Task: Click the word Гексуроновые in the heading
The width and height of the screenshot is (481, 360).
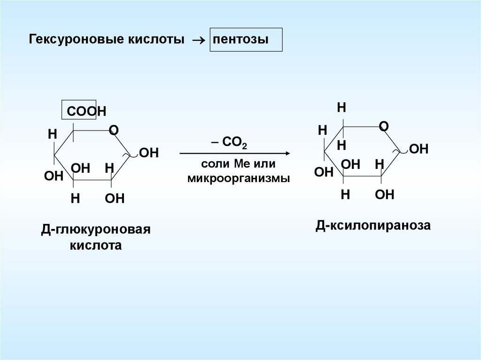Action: pos(77,39)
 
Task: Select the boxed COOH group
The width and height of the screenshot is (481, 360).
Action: pos(79,111)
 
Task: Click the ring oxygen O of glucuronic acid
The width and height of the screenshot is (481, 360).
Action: pos(113,130)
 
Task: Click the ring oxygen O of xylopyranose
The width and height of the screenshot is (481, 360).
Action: pos(383,126)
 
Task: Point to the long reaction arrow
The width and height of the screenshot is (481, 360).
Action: pos(235,153)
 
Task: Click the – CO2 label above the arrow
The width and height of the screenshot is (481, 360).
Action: pos(229,143)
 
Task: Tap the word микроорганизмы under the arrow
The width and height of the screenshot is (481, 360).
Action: pos(238,178)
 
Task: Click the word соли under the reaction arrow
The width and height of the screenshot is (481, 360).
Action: pos(211,165)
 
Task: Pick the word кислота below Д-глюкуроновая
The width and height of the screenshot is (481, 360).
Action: pos(95,245)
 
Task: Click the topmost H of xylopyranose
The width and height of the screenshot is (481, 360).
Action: pos(341,107)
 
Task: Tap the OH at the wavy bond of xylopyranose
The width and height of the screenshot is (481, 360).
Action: pos(419,149)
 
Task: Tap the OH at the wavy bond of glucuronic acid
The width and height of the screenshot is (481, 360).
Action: pos(149,153)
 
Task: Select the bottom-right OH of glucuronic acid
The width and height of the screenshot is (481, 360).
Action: pos(115,198)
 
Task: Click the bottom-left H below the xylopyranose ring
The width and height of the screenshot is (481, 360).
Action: pos(345,194)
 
